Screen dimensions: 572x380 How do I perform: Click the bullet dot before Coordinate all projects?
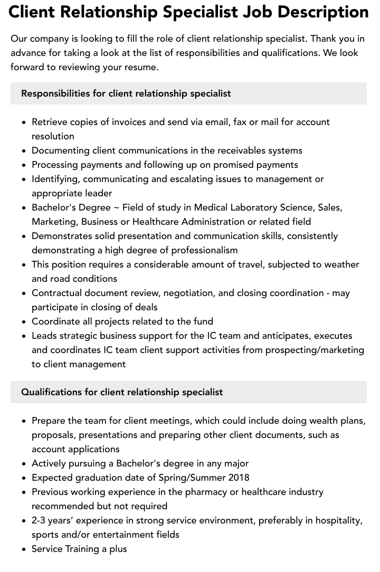[24, 322]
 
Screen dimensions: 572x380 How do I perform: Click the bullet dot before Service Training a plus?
[24, 549]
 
